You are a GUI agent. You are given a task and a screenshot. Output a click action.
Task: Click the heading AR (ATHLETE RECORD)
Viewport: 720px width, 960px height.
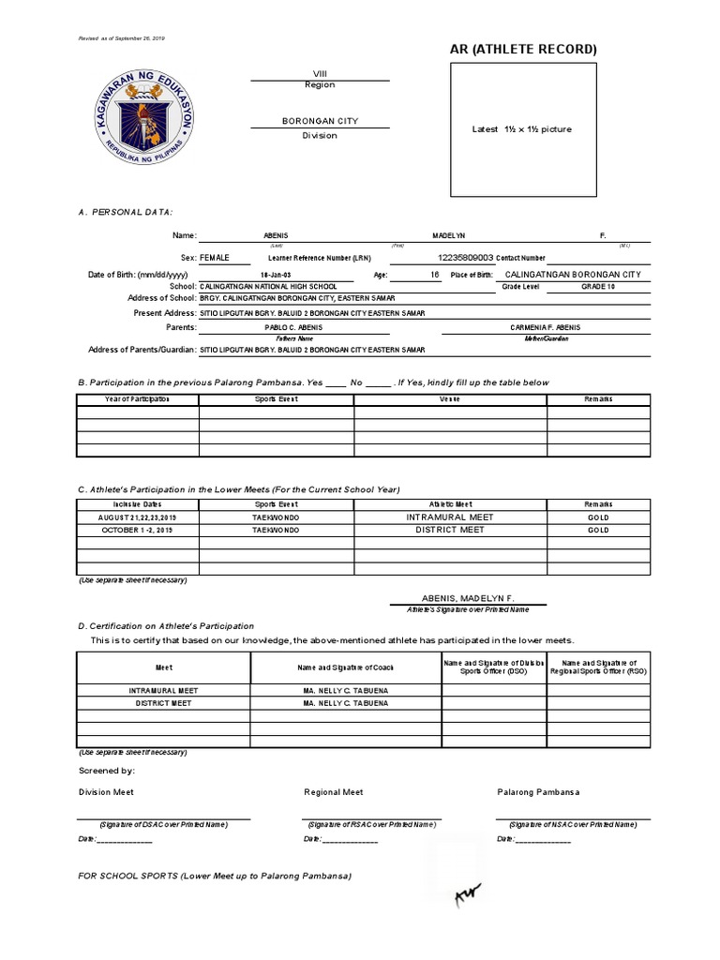[x=522, y=49]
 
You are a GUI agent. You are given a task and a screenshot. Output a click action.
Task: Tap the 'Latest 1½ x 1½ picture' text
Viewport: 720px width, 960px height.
[x=521, y=129]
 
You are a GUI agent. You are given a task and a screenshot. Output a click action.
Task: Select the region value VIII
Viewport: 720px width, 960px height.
[x=320, y=73]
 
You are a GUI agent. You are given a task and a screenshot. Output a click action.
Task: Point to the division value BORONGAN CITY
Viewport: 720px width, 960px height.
[x=320, y=121]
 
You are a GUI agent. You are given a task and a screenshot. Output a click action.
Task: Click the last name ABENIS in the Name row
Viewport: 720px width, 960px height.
[x=279, y=235]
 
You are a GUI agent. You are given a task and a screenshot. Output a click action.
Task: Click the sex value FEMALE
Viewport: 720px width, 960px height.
[x=214, y=256]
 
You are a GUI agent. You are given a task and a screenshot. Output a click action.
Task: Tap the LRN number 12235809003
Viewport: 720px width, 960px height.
[x=465, y=256]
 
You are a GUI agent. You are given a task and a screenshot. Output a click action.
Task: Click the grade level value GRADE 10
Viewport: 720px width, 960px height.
[x=598, y=286]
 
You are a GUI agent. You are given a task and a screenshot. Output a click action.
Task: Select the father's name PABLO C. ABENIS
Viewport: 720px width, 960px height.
[x=293, y=327]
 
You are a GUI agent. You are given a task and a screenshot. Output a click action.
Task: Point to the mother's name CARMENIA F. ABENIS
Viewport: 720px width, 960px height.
[x=545, y=327]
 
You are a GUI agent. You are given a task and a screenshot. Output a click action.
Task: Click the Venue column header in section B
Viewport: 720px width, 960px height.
[x=449, y=398]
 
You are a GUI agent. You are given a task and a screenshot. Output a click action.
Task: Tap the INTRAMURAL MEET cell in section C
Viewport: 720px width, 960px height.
[x=449, y=517]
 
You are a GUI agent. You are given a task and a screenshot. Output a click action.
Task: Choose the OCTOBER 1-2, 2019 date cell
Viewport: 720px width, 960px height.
[x=136, y=530]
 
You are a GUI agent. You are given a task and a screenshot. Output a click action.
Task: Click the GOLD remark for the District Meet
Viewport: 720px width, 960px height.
[x=598, y=530]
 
